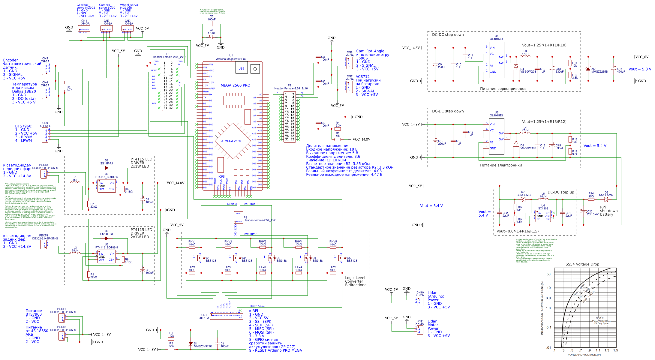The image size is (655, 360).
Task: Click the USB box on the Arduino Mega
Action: (x=241, y=68)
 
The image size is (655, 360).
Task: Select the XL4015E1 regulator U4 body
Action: (x=496, y=60)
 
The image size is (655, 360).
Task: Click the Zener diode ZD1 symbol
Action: (x=587, y=69)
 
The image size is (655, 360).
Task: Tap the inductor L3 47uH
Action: (x=525, y=56)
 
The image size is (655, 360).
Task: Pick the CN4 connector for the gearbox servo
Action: (x=84, y=29)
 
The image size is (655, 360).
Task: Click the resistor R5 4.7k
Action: (x=65, y=87)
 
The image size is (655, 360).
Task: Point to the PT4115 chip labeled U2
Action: (x=107, y=186)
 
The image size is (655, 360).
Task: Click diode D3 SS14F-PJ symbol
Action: (x=107, y=238)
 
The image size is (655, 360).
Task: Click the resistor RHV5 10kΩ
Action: (x=333, y=247)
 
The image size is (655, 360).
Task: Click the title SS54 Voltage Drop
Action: (x=582, y=264)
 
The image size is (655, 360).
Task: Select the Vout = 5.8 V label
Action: (x=640, y=69)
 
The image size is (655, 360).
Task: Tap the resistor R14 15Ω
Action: (x=591, y=199)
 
